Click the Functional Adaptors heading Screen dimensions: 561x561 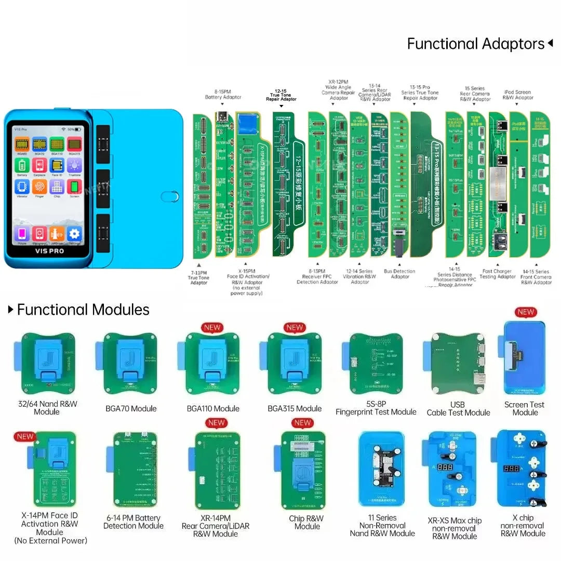tap(475, 44)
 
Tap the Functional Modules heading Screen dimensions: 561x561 tap(83, 310)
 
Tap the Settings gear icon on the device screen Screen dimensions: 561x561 tap(75, 233)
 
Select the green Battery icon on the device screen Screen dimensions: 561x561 tap(22, 165)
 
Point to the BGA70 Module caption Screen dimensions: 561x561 tap(131, 408)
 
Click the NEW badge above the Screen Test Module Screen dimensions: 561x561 tap(526, 312)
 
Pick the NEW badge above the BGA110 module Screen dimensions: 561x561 tap(212, 327)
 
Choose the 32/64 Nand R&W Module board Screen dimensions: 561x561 tap(48, 364)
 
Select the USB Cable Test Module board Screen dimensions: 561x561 tap(458, 364)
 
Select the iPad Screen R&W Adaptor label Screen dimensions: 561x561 tap(518, 95)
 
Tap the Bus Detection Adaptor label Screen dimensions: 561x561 tap(399, 274)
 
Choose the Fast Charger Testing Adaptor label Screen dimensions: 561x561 tap(498, 274)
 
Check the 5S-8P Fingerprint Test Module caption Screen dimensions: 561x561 tap(376, 408)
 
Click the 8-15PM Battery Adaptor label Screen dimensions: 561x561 tap(223, 94)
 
